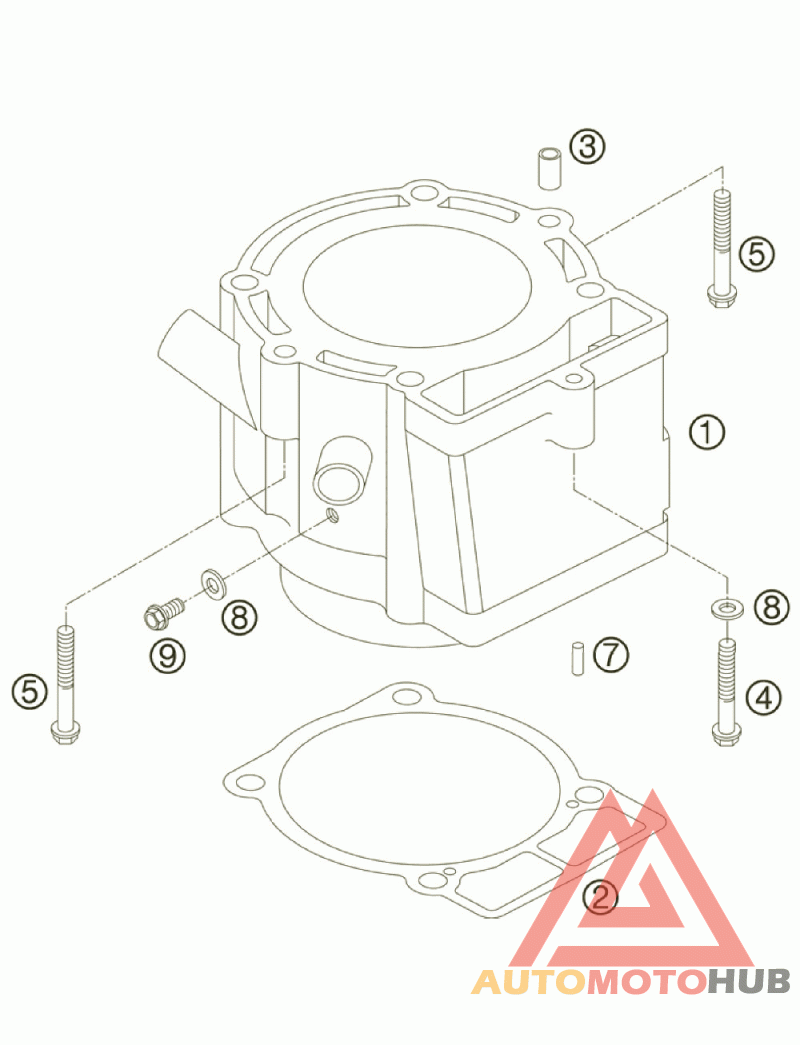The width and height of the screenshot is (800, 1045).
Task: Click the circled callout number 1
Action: click(x=706, y=432)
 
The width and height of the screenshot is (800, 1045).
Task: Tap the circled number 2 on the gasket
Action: click(x=600, y=896)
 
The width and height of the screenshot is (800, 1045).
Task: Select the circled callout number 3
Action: click(x=588, y=147)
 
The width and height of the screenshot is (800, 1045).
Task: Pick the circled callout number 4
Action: click(x=764, y=697)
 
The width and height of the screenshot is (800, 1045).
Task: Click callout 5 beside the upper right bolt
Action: click(x=757, y=254)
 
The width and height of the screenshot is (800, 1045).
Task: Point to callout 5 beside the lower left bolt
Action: click(x=30, y=689)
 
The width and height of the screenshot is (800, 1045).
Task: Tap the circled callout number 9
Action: click(x=168, y=656)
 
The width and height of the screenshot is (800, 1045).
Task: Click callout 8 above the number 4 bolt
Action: click(x=771, y=605)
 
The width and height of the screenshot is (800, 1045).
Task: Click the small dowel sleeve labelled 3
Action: click(x=547, y=168)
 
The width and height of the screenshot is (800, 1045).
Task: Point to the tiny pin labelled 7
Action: click(x=576, y=657)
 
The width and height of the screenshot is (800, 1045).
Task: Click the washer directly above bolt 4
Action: click(x=727, y=606)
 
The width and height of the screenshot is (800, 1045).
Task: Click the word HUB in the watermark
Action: click(x=749, y=981)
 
